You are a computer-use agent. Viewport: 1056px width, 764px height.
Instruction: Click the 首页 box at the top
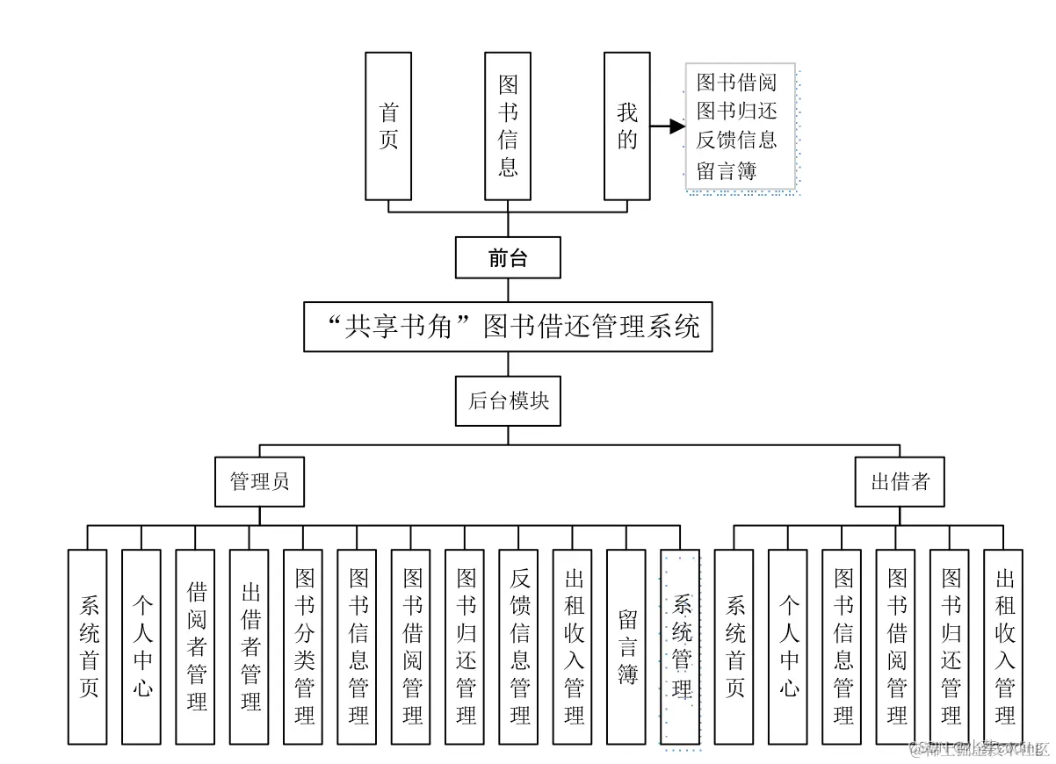[388, 126]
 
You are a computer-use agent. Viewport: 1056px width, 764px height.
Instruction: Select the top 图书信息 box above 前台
[508, 126]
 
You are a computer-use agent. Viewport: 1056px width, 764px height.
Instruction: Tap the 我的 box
[626, 126]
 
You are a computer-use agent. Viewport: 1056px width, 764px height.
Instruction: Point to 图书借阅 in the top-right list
[736, 83]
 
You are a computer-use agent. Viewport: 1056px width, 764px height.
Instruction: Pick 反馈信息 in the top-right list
[736, 141]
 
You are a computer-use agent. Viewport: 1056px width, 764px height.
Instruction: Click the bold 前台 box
[508, 257]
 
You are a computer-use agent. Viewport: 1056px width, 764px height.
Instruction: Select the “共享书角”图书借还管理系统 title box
[508, 327]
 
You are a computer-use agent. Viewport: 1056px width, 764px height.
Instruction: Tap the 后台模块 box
[508, 401]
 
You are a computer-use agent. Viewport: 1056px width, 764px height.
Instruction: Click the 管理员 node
[259, 482]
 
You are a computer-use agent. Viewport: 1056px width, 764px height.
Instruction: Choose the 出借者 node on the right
[900, 482]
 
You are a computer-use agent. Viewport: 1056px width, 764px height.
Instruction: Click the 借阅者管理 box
[197, 647]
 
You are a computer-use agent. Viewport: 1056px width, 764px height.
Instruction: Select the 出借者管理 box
[250, 647]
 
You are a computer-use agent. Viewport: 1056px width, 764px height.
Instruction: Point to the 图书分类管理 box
[304, 647]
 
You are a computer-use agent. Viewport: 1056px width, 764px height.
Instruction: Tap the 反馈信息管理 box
[519, 647]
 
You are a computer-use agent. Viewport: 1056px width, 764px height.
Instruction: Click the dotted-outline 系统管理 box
[681, 647]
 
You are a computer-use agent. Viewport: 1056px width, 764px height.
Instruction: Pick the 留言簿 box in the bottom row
[627, 647]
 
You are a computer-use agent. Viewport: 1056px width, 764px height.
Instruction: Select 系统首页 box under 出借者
[734, 647]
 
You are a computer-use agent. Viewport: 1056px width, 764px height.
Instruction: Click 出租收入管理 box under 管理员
[573, 647]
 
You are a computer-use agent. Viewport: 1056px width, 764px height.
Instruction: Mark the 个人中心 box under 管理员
[142, 647]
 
